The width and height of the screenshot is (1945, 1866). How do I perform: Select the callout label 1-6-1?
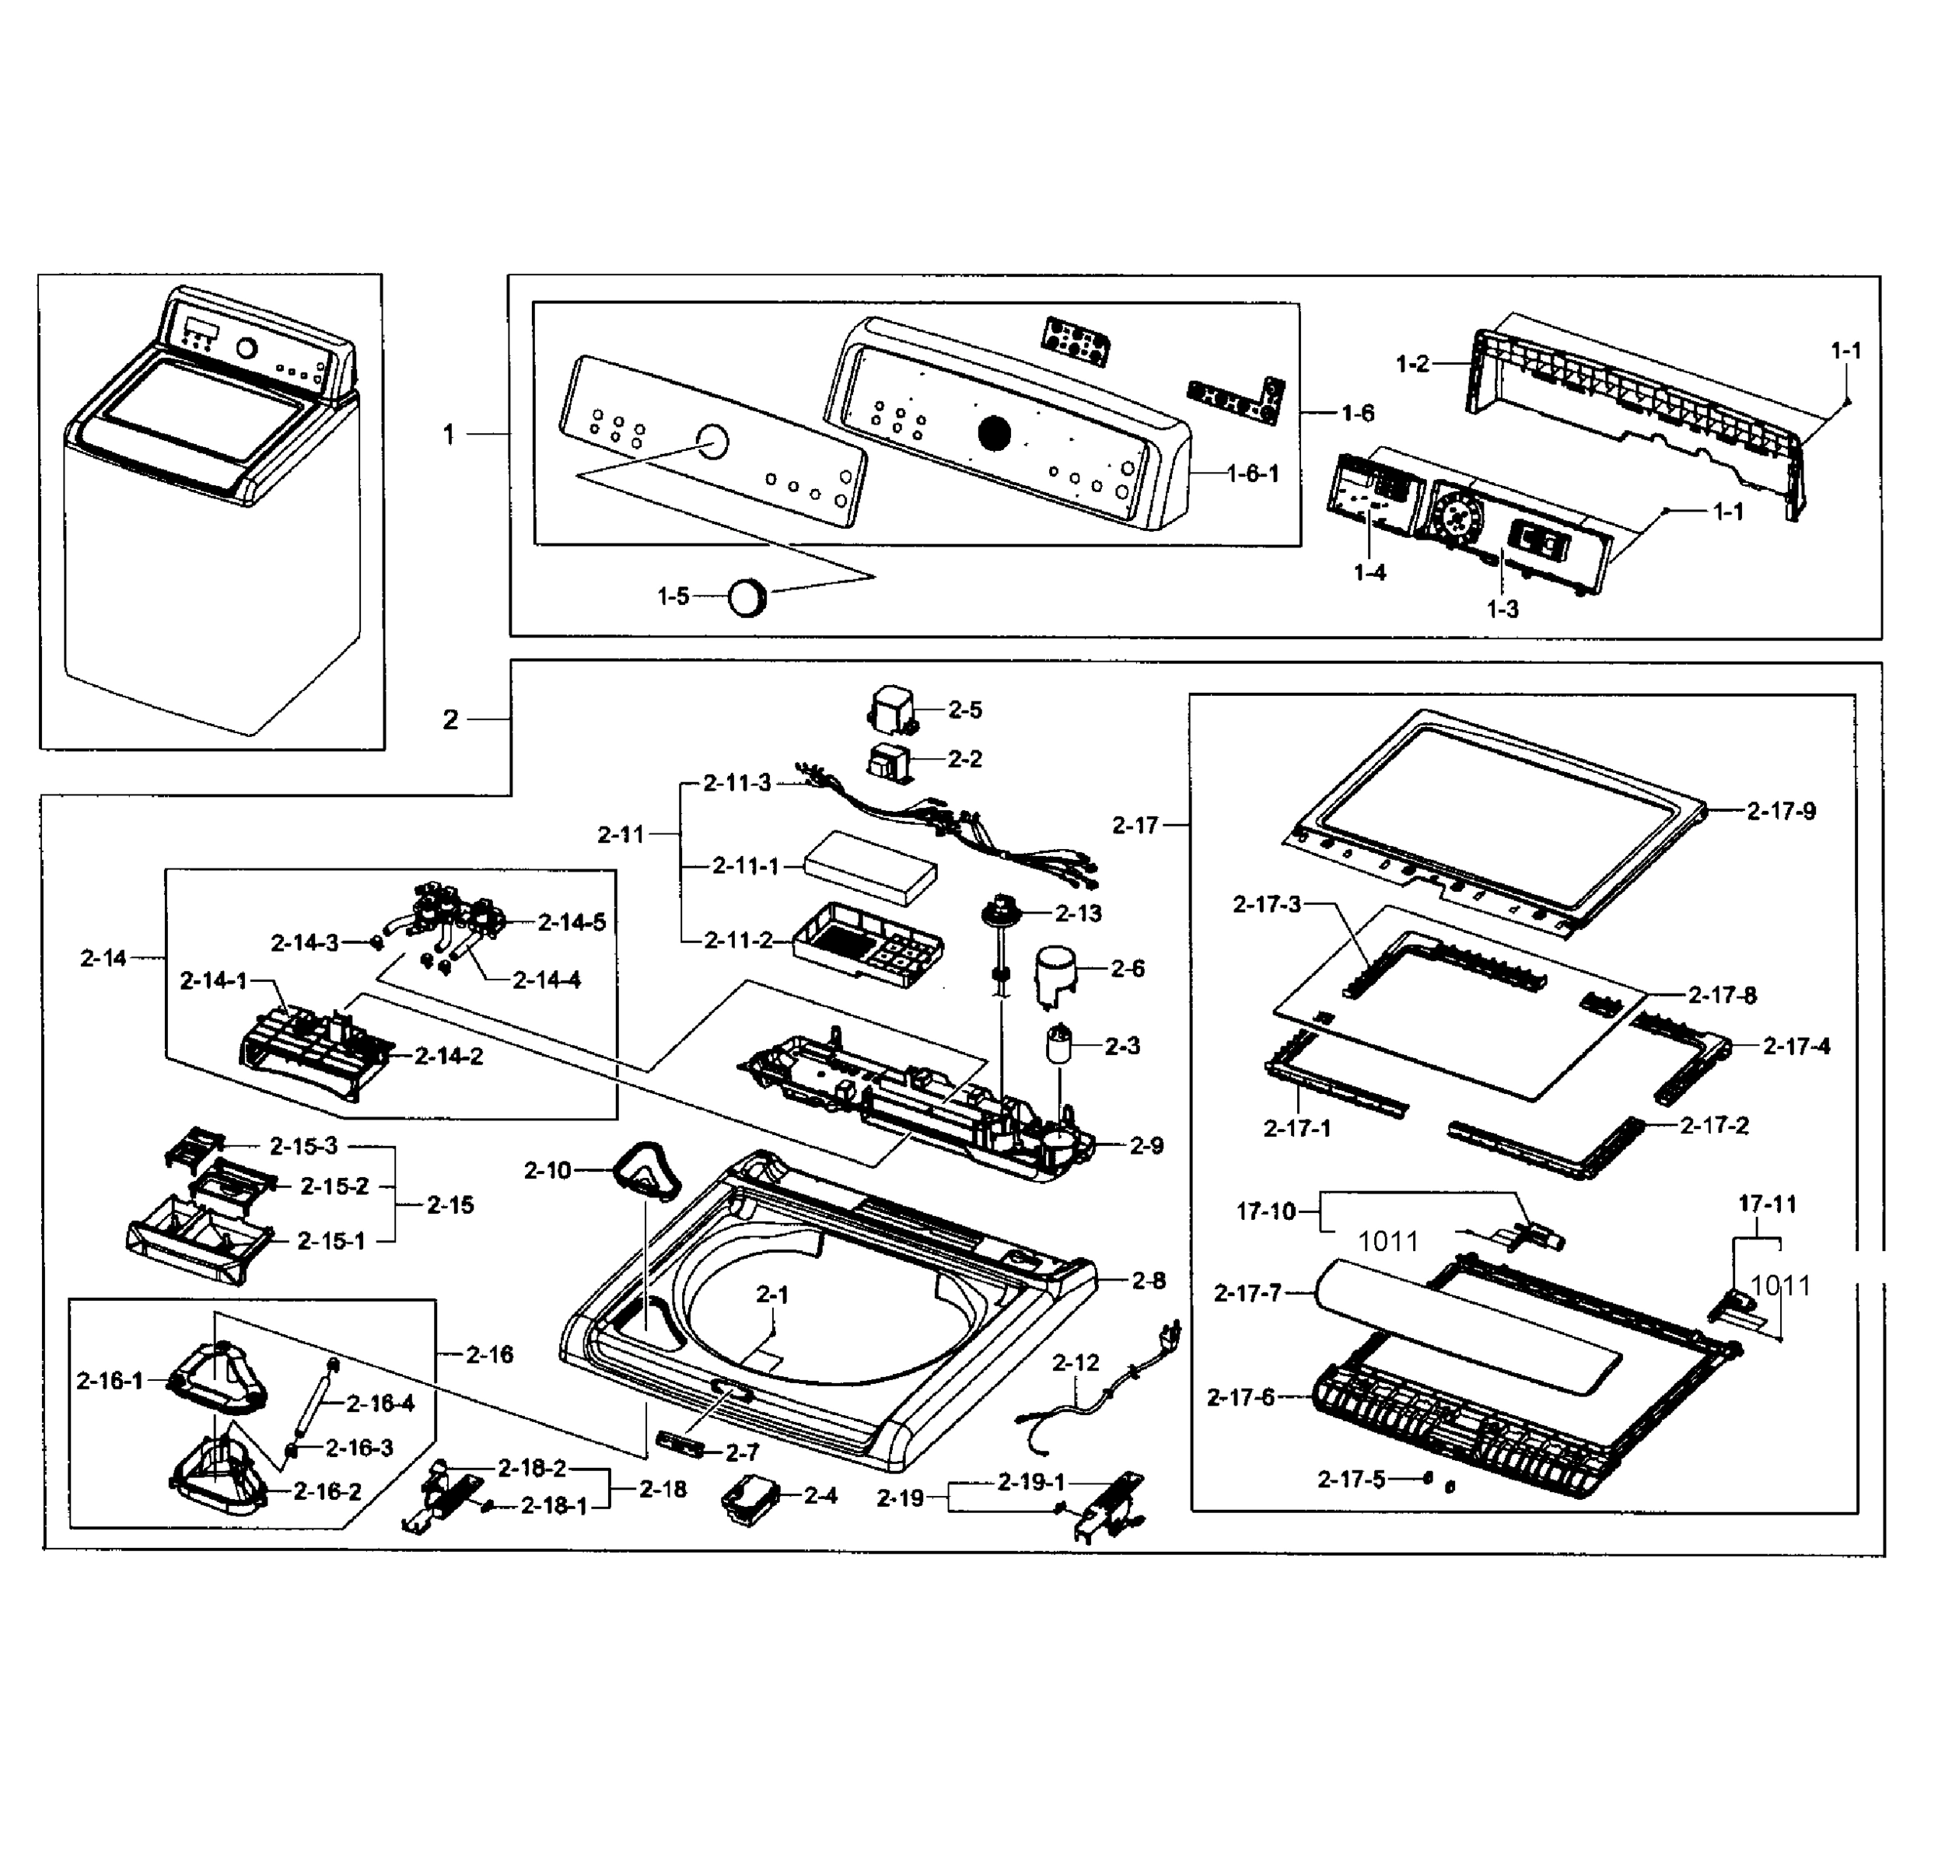click(1254, 474)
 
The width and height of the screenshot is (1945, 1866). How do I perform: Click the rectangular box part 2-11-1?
click(869, 868)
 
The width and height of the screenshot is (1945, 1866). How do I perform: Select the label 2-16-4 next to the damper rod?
click(380, 1403)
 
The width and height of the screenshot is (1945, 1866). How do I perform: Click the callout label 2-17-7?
click(1247, 1293)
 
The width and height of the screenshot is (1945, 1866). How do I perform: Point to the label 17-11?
click(1768, 1204)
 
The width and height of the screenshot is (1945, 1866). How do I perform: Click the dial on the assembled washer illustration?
click(246, 349)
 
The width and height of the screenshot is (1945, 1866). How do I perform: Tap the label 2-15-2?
click(334, 1186)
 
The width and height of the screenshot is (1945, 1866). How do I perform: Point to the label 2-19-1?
click(1031, 1482)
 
